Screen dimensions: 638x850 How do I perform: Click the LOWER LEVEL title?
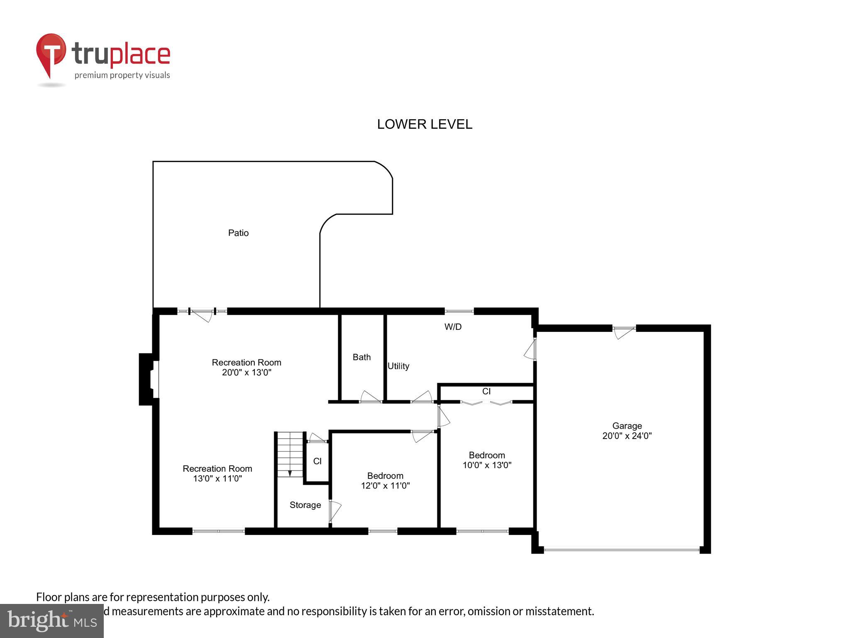pos(424,124)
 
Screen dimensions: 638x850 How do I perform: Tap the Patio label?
pos(238,233)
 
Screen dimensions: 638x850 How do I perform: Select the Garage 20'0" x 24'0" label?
pos(627,431)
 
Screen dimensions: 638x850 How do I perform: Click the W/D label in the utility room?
pos(453,327)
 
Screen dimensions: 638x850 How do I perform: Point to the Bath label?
pos(361,357)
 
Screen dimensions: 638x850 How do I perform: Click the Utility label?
pos(398,366)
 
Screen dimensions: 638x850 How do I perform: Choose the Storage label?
pos(305,505)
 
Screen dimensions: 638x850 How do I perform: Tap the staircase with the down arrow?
pos(290,454)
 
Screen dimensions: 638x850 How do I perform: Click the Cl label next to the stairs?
pos(318,461)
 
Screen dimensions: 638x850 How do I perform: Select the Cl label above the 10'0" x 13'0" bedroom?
pos(486,391)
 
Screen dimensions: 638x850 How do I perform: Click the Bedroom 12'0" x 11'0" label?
pos(385,481)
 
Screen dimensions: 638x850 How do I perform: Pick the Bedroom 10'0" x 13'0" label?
pos(487,460)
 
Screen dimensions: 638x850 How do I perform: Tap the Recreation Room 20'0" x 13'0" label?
pos(247,367)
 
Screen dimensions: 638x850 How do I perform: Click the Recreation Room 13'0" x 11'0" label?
pos(217,473)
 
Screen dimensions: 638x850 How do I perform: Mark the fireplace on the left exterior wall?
pos(148,379)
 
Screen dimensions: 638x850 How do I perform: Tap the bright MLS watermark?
pos(52,621)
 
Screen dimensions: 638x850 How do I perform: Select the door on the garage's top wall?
pos(624,332)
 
